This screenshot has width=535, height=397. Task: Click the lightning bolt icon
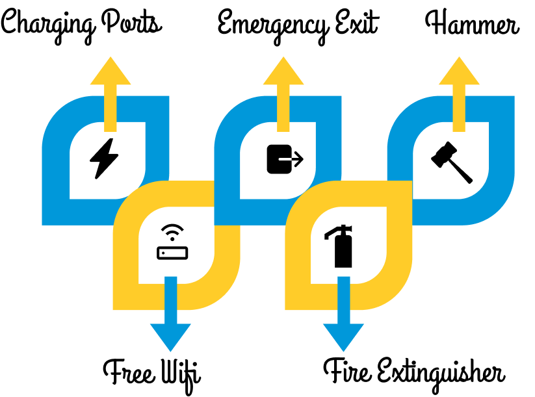click(104, 158)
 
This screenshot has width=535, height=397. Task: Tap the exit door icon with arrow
click(285, 159)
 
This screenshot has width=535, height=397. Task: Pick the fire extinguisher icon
click(341, 247)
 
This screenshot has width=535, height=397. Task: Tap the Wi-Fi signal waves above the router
click(172, 232)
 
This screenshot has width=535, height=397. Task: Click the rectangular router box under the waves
click(172, 253)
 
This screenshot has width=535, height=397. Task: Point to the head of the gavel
click(442, 155)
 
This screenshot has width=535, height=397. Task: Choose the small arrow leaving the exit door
click(296, 159)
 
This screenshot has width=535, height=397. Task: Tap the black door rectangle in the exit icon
click(278, 159)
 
